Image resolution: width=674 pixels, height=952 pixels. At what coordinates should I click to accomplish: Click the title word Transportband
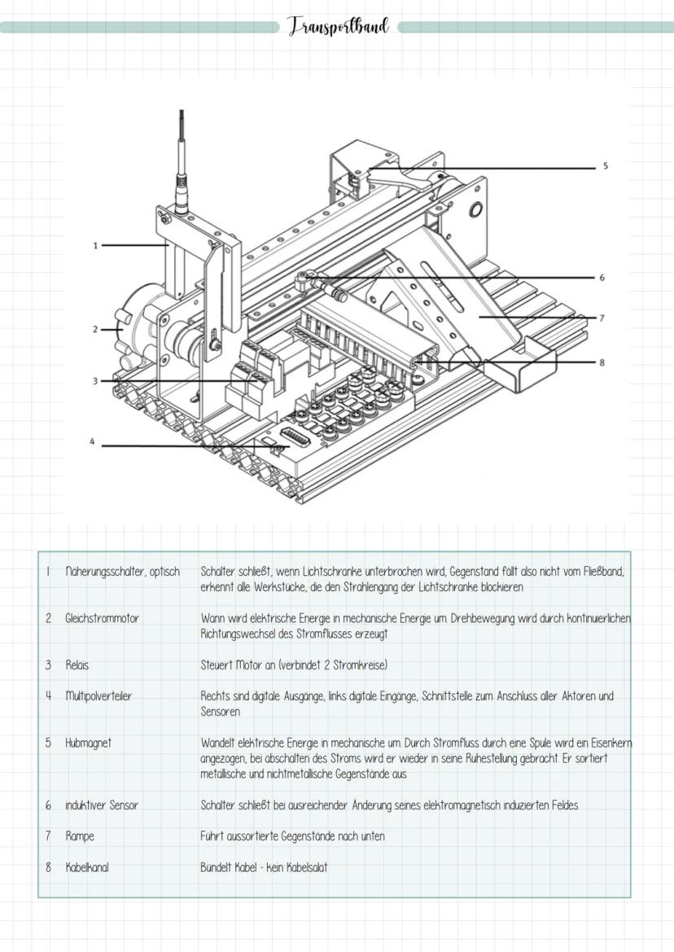[338, 27]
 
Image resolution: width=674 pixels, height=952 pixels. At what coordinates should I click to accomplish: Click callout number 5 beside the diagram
[605, 166]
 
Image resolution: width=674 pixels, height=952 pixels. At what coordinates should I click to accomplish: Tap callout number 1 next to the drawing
[95, 244]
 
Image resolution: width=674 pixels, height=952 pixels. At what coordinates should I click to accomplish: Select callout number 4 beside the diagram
[92, 443]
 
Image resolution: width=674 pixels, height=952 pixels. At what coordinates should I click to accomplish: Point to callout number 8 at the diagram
[602, 362]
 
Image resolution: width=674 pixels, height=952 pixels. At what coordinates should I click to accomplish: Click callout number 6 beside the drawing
[602, 278]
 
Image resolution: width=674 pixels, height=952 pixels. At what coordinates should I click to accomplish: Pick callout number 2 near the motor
[95, 330]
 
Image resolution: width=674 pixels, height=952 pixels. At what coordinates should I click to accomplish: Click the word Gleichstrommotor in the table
[102, 618]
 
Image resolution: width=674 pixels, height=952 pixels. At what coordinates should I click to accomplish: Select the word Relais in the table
[77, 665]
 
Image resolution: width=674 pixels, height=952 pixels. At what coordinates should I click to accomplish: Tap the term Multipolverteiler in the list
[98, 696]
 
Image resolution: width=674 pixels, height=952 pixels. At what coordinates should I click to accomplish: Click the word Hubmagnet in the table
[89, 743]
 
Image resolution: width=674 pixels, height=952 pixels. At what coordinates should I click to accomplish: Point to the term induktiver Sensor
[102, 805]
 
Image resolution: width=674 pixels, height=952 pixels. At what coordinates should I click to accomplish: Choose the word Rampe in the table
[79, 836]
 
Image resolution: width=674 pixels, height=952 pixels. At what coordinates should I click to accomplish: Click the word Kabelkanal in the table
[86, 867]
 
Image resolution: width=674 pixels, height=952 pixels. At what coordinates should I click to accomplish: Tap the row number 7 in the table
[48, 836]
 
